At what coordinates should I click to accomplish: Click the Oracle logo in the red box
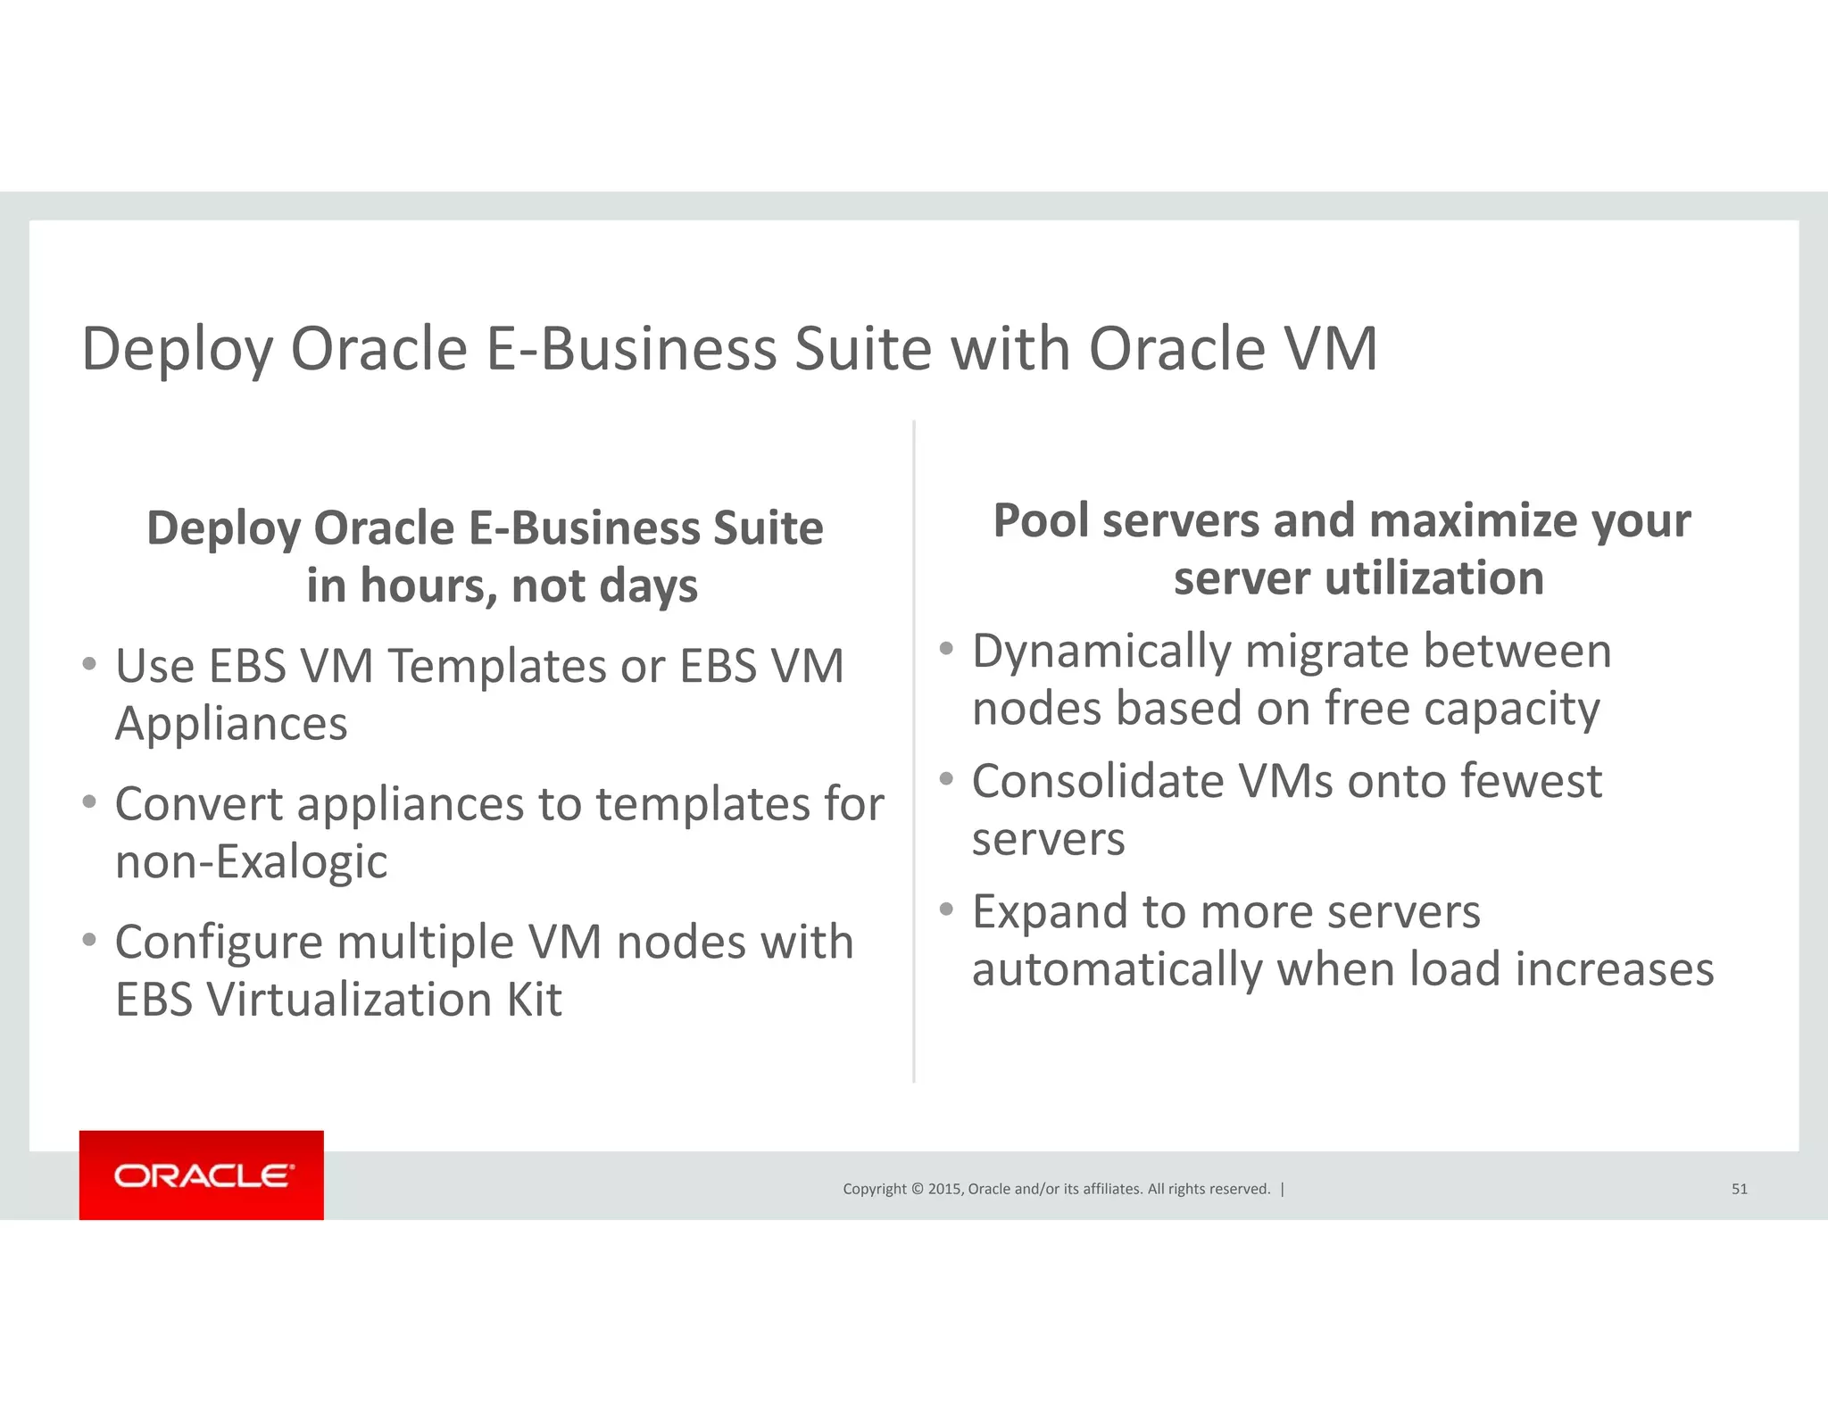pos(202,1175)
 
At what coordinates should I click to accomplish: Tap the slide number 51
pos(1739,1189)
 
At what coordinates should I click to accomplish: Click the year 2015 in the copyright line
pos(944,1189)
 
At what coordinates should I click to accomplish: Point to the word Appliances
pos(231,724)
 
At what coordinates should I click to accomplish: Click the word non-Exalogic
pos(252,862)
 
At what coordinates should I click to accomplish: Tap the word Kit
pos(535,1000)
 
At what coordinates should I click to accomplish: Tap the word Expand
pos(1050,913)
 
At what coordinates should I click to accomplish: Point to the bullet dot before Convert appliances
pos(89,802)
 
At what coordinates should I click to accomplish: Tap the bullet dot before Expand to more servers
pos(946,909)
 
